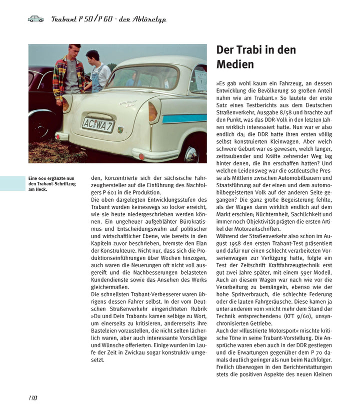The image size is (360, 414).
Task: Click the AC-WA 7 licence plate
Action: pyautogui.click(x=98, y=124)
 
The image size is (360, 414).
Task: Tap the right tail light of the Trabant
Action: pyautogui.click(x=154, y=111)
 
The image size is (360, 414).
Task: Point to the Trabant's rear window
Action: pyautogui.click(x=142, y=77)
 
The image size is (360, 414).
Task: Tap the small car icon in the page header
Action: pyautogui.click(x=35, y=19)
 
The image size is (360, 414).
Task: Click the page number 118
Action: pyautogui.click(x=33, y=398)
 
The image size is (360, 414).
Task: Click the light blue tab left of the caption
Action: pyautogui.click(x=12, y=183)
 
